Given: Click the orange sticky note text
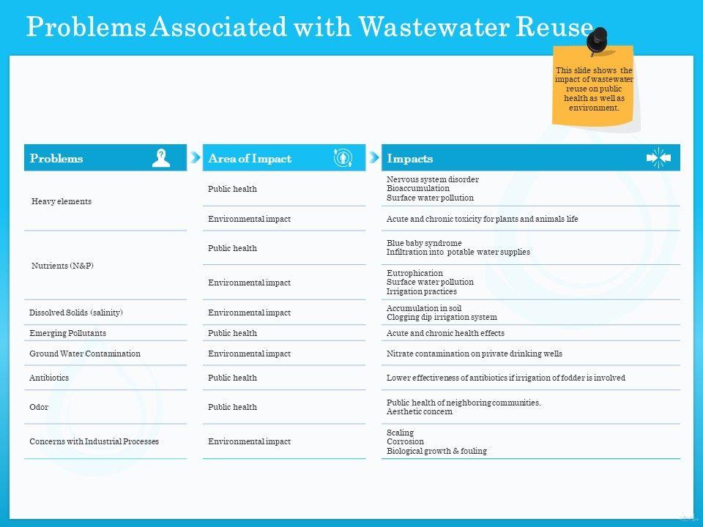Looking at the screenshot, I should pos(593,89).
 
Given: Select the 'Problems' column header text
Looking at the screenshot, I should pos(56,158).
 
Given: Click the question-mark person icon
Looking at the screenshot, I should pos(161,157).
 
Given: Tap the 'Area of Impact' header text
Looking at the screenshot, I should pos(250,158).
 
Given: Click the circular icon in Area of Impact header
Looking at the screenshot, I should pos(343,157).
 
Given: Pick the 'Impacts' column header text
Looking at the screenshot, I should pos(409,158).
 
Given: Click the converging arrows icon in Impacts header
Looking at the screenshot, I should pos(658,157).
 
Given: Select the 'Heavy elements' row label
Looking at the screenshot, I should pos(62,201).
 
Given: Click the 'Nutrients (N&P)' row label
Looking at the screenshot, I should pos(63,266).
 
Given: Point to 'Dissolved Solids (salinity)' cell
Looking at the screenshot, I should pos(76,313).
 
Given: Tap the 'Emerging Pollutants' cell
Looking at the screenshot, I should pos(67,333).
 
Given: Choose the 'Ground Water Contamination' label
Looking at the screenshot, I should pos(85,354).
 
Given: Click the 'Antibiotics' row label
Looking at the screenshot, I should pos(49,378).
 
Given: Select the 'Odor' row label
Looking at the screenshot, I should pos(39,407).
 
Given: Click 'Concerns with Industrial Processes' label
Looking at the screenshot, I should pos(94,441).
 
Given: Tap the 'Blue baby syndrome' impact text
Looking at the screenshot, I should pos(424,243).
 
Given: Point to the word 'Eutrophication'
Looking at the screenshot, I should pos(414,273).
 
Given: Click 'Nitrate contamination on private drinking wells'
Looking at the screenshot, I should pos(474,354).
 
